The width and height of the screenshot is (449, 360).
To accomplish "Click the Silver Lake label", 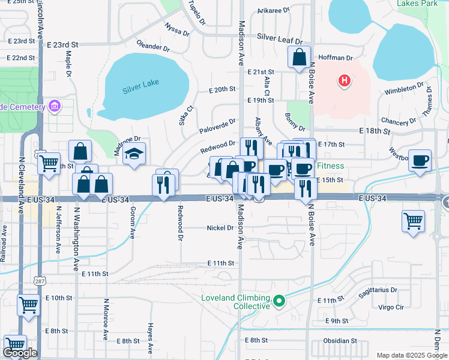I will coord(140,86).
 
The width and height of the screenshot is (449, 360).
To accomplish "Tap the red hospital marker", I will coord(344,80).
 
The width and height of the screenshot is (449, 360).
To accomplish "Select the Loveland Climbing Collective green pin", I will coord(279,301).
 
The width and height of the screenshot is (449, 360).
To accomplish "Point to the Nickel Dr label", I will coord(220,228).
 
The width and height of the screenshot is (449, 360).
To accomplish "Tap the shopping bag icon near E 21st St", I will coord(299,58).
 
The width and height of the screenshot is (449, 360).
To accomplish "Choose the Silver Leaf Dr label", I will coord(280,37).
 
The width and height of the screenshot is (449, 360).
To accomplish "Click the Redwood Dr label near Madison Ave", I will coord(217,145).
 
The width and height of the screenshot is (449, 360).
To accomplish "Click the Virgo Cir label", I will coord(391,307).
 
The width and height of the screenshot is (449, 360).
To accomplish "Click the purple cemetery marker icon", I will coord(55,106).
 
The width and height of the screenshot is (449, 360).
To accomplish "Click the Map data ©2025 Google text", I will coord(411,355).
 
